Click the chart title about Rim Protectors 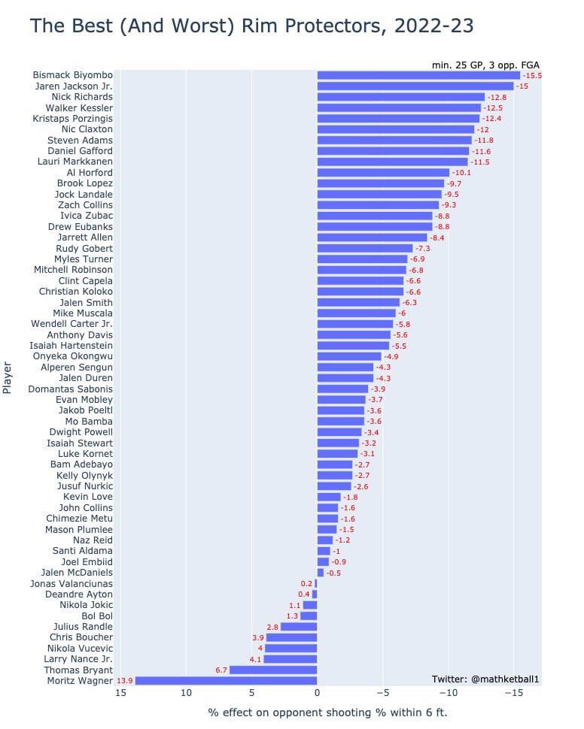tap(251, 26)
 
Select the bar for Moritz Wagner tap(226, 681)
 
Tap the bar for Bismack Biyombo tap(418, 75)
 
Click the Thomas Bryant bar tap(273, 670)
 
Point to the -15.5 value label tap(532, 76)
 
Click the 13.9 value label tap(125, 681)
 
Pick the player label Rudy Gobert tap(84, 248)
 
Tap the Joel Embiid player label tap(87, 561)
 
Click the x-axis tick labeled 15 tap(121, 693)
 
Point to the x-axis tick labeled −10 tap(448, 693)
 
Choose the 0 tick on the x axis tap(317, 693)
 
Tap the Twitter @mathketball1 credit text tap(485, 679)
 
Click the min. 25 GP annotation tap(485, 65)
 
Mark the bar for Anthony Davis tap(354, 335)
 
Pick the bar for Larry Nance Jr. tap(290, 659)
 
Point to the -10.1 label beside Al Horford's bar tap(461, 173)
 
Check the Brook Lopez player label tap(85, 183)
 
